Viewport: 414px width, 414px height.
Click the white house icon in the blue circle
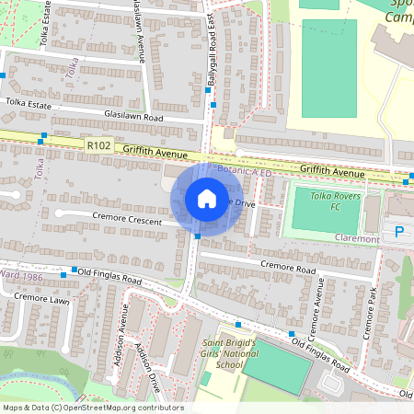coord(207,199)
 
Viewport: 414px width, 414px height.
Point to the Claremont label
coord(358,239)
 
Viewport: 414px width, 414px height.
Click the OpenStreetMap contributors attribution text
coord(92,408)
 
